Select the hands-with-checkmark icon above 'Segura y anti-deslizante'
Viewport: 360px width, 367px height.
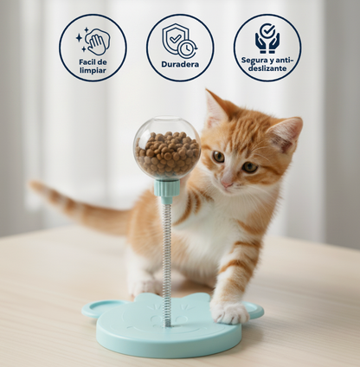coord(267,39)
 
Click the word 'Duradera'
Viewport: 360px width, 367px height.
coord(179,64)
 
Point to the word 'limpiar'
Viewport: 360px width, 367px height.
coord(93,70)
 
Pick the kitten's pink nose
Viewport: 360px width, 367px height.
coord(226,183)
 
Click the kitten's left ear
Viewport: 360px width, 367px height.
coord(215,109)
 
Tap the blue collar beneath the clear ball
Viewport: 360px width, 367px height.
coord(167,188)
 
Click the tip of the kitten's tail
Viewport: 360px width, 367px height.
coord(36,186)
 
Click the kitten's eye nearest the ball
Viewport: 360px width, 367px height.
coord(217,157)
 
